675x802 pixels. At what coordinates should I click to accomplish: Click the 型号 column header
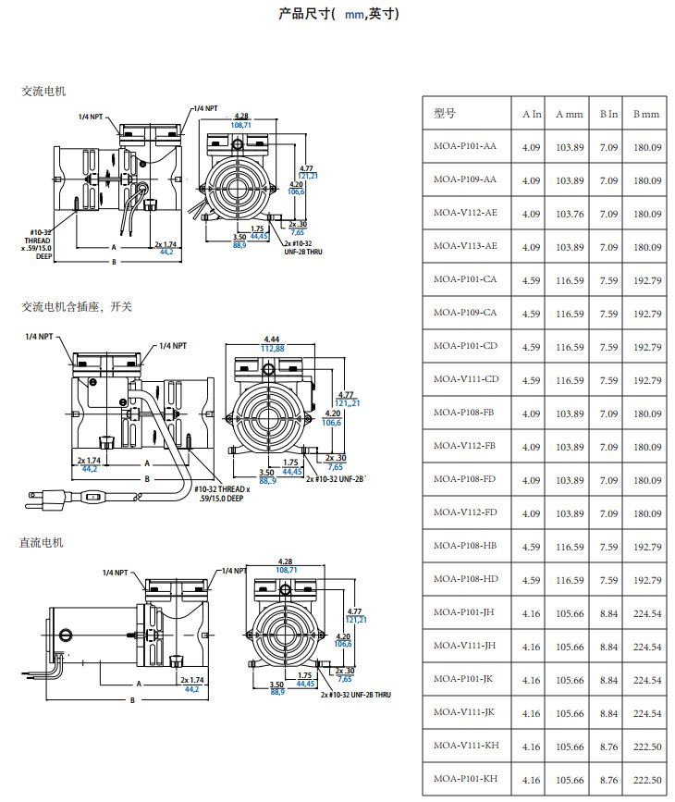pyautogui.click(x=445, y=114)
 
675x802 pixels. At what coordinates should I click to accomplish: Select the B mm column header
pyautogui.click(x=646, y=114)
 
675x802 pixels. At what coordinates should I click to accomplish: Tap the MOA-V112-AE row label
pyautogui.click(x=465, y=214)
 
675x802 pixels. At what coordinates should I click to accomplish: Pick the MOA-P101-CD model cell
pyautogui.click(x=465, y=347)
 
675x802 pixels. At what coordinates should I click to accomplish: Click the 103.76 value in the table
pyautogui.click(x=570, y=214)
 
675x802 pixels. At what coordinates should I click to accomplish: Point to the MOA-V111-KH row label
pyautogui.click(x=465, y=746)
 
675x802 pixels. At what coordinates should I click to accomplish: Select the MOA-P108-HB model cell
pyautogui.click(x=465, y=547)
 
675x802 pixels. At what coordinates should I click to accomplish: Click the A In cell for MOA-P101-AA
pyautogui.click(x=532, y=147)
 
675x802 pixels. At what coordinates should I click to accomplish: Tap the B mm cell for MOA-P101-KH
pyautogui.click(x=646, y=780)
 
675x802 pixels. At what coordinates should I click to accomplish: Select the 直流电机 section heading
pyautogui.click(x=42, y=542)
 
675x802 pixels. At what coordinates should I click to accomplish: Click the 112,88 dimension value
pyautogui.click(x=273, y=349)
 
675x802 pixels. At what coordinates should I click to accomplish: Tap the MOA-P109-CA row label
pyautogui.click(x=465, y=314)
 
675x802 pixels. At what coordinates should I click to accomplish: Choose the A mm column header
pyautogui.click(x=570, y=114)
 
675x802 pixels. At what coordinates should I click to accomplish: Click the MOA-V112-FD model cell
pyautogui.click(x=465, y=513)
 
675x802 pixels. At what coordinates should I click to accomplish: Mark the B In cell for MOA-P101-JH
pyautogui.click(x=608, y=613)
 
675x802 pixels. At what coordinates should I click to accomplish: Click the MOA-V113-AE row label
pyautogui.click(x=465, y=247)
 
